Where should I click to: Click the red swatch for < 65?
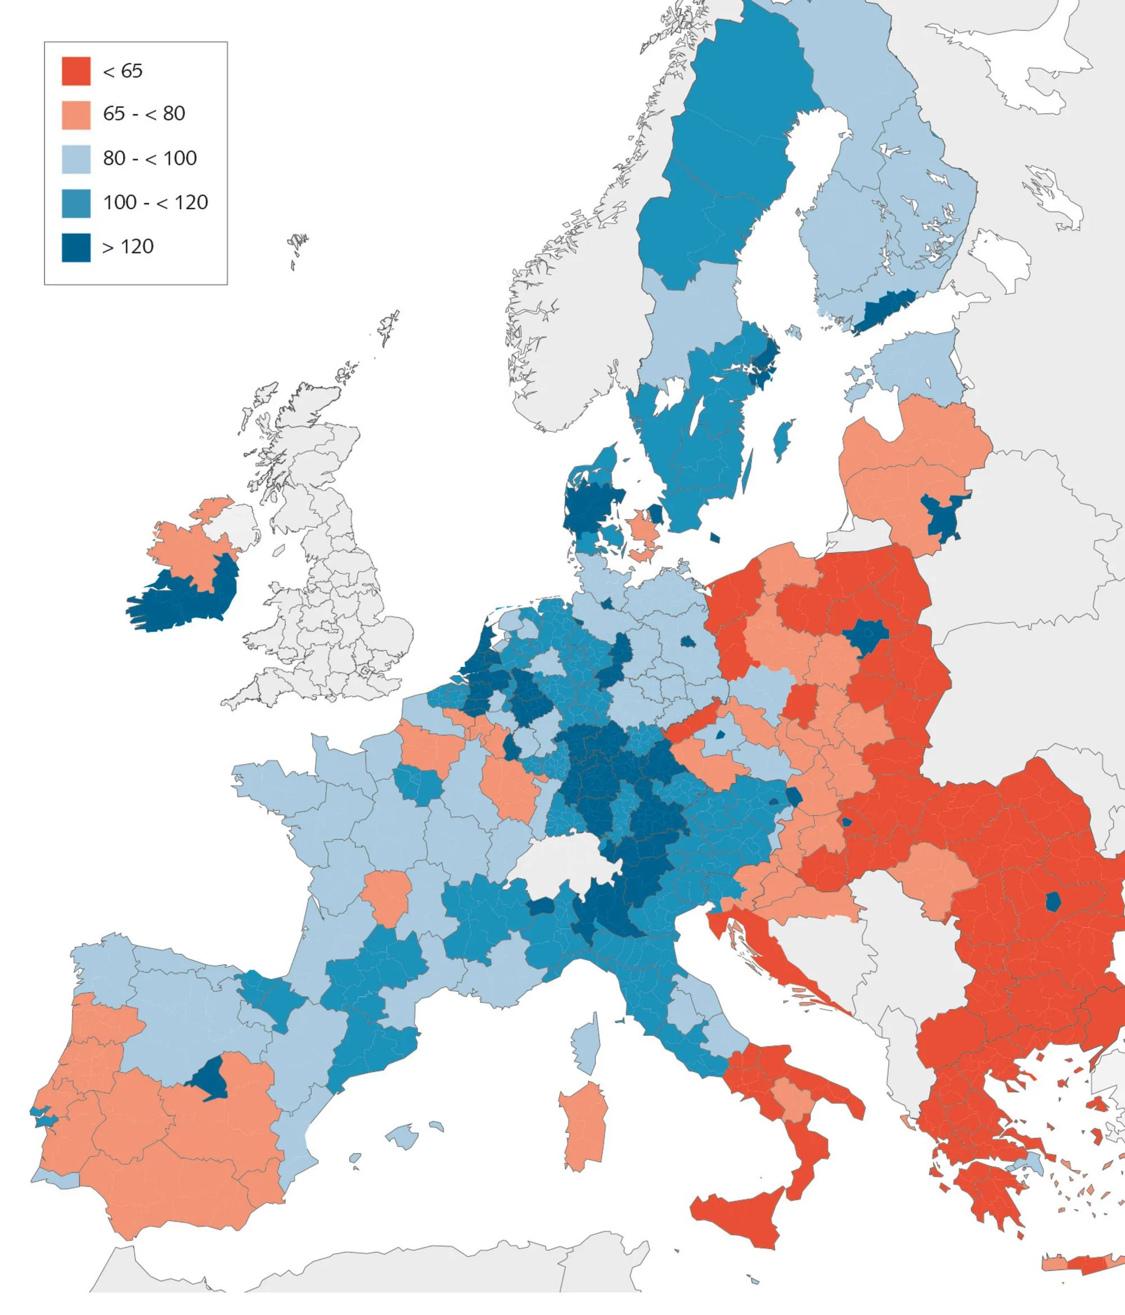pos(75,70)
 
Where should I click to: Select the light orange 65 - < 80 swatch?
pos(75,115)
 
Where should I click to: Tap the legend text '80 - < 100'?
pos(150,158)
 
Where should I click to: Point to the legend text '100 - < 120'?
pos(156,202)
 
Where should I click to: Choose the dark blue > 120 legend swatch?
pos(75,247)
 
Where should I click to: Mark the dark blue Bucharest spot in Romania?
pos(1052,901)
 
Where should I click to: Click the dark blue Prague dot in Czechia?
pos(720,735)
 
